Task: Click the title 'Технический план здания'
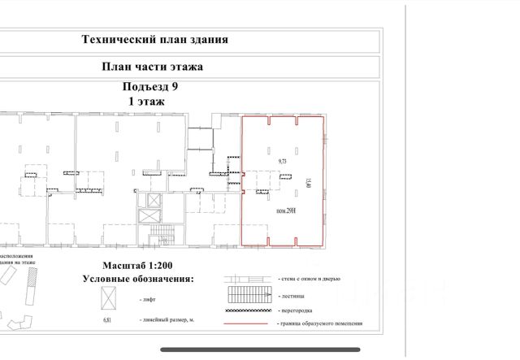155,39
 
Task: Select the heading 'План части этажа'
151,67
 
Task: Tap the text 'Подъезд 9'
147,88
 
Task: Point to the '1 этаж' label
146,102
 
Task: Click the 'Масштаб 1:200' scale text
138,266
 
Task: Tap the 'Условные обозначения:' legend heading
138,279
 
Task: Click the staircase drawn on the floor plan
162,238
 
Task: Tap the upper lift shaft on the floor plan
150,200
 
